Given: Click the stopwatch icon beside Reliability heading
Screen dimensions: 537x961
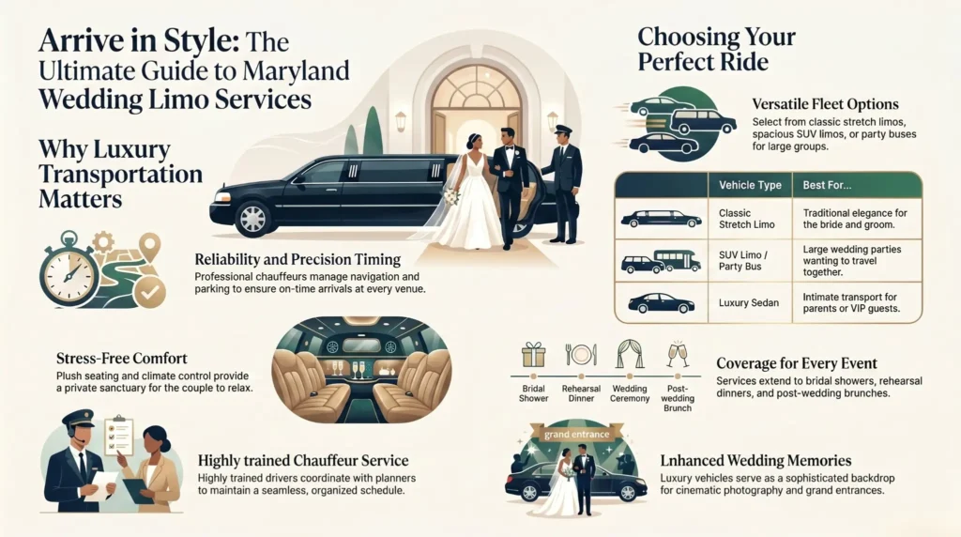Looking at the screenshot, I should [68, 267].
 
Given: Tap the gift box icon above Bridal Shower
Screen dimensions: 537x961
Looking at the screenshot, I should [533, 355].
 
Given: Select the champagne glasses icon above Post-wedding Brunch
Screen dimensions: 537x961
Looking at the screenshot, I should [676, 354].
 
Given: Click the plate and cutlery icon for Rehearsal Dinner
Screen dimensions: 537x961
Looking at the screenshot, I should [580, 355].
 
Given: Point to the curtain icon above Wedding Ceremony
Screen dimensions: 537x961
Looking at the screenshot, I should [628, 354].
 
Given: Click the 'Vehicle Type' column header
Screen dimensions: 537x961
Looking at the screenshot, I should [750, 185].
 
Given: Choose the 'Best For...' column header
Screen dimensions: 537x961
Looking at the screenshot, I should [827, 185].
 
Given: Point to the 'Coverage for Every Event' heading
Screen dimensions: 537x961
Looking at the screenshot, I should [797, 363].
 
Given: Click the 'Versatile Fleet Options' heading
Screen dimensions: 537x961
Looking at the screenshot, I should [826, 104].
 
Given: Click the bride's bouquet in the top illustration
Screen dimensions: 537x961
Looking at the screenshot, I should [450, 196].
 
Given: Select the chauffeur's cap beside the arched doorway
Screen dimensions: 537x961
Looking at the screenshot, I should [562, 130].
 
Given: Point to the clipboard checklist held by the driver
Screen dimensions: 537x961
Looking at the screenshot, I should [118, 437].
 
